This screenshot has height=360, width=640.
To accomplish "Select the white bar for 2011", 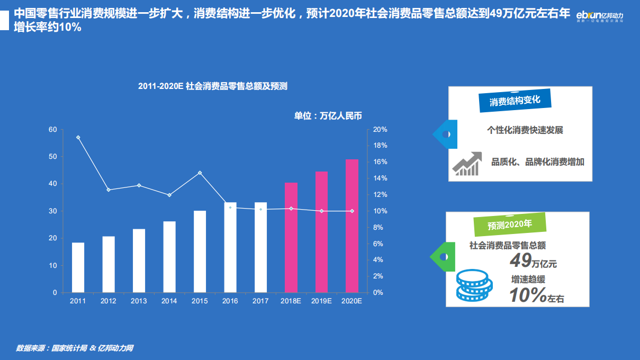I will coord(78,267).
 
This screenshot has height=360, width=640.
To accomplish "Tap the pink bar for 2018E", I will coord(291,238).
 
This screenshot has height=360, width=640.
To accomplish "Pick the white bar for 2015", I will coord(200,251).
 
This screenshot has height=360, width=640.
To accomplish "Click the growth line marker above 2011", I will coord(78,138).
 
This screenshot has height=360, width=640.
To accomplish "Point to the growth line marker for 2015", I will coord(200,173).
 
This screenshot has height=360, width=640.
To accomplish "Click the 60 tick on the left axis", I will coord(53,130).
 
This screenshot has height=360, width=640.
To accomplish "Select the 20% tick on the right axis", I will coord(380,130).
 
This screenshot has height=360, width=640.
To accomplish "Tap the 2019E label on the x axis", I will coord(321,301).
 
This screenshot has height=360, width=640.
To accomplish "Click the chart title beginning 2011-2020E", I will coord(213,86).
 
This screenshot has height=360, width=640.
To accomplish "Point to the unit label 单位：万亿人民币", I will coord(328,116).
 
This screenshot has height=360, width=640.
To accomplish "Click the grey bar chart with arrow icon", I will coord(467,164).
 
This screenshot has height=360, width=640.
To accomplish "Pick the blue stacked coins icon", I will coord(474,285).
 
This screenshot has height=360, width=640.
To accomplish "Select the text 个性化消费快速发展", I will coord(525,130).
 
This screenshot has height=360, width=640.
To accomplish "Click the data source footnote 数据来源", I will coord(74,348).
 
